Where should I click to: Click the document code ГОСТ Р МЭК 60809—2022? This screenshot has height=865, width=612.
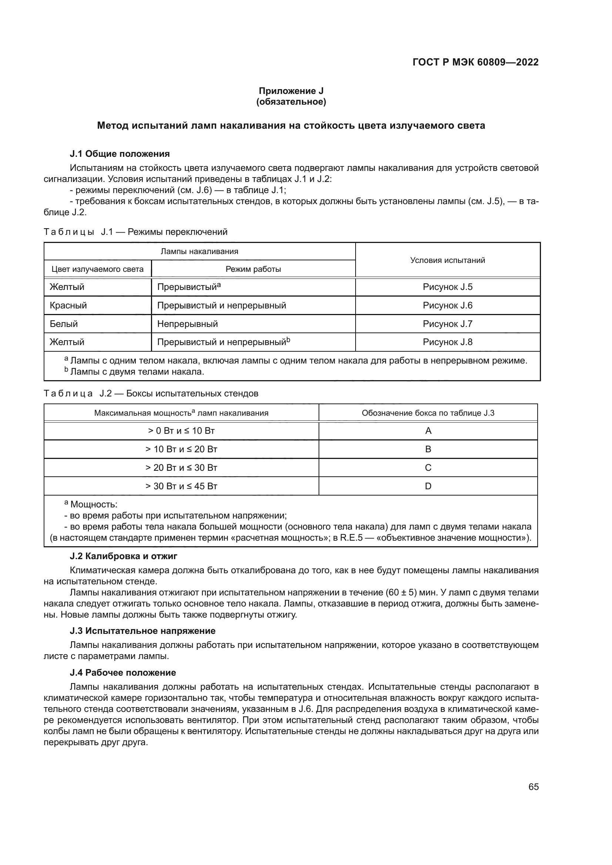pyautogui.click(x=475, y=62)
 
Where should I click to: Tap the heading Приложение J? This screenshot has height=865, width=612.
pyautogui.click(x=291, y=91)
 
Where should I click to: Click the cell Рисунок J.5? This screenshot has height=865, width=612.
pyautogui.click(x=447, y=287)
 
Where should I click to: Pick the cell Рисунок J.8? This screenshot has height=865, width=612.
pyautogui.click(x=447, y=342)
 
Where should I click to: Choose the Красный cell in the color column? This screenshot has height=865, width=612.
pyautogui.click(x=68, y=305)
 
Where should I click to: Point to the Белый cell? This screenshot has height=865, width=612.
pyautogui.click(x=64, y=324)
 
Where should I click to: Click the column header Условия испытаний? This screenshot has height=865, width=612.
pyautogui.click(x=447, y=260)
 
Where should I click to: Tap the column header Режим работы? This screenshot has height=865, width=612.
pyautogui.click(x=253, y=269)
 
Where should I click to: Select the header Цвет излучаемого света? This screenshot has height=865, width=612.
pyautogui.click(x=98, y=269)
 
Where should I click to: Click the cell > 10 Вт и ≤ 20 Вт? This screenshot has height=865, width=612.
pyautogui.click(x=181, y=449)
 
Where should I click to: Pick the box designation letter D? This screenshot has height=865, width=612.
pyautogui.click(x=428, y=486)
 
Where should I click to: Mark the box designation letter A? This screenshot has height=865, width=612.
pyautogui.click(x=428, y=430)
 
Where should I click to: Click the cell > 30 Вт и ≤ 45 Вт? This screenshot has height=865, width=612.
pyautogui.click(x=181, y=486)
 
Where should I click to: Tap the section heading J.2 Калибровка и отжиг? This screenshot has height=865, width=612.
pyautogui.click(x=124, y=556)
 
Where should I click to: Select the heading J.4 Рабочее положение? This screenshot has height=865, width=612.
pyautogui.click(x=123, y=672)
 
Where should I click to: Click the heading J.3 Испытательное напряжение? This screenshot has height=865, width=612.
pyautogui.click(x=143, y=631)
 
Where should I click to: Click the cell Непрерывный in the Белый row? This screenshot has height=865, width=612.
pyautogui.click(x=188, y=324)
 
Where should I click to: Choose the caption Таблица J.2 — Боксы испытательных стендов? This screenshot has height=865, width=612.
pyautogui.click(x=151, y=394)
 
